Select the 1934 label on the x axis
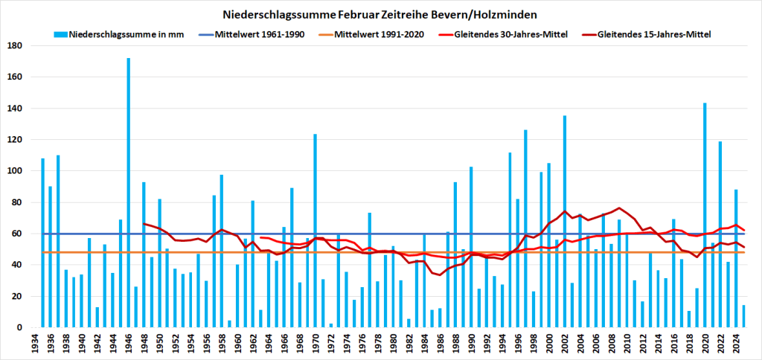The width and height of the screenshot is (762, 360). pos(35,341)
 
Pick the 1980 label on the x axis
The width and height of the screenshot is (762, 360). pos(394,341)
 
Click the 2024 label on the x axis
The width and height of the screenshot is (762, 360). pos(736,341)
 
